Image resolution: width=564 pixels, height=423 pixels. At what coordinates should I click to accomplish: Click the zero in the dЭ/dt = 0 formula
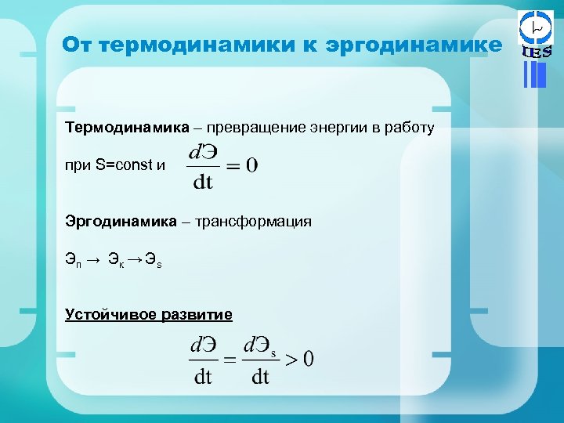pyautogui.click(x=251, y=165)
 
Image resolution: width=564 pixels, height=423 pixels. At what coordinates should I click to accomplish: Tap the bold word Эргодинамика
pyautogui.click(x=121, y=222)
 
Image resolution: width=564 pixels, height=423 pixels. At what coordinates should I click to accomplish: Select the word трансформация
pyautogui.click(x=258, y=222)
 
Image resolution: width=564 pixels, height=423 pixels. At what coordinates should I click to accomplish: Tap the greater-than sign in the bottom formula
pyautogui.click(x=291, y=360)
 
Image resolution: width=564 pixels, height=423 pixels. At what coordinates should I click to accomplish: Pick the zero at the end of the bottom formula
pyautogui.click(x=308, y=359)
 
